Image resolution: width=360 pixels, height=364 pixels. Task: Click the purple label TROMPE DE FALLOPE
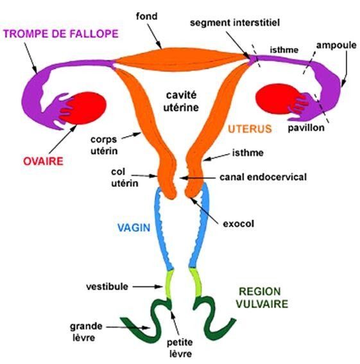coord(61,33)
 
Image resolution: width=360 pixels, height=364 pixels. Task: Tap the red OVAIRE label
coord(43,161)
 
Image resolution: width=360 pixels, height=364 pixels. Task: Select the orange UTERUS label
coord(250,129)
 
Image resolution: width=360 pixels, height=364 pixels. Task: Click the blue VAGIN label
coord(134,227)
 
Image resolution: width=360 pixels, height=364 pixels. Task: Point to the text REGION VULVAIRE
coord(262,298)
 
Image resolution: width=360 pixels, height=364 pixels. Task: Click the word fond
coord(147,16)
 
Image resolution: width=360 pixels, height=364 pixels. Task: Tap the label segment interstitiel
coord(235,22)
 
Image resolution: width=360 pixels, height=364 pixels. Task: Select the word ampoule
coord(336,46)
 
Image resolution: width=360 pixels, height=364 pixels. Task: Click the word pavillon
coord(306,128)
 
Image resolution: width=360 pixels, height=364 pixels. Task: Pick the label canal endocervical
coord(263,177)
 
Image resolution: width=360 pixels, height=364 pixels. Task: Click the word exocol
coord(238,224)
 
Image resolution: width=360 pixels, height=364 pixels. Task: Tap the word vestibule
coord(107,286)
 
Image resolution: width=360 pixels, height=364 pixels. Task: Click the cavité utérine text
coord(181,101)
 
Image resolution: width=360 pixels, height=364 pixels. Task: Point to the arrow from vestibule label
coord(148,287)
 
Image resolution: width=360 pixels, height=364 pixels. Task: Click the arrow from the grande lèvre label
coord(128,327)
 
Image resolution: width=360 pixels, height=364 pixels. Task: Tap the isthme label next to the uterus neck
coord(248,153)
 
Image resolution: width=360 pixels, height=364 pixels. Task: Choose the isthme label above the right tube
coord(284,50)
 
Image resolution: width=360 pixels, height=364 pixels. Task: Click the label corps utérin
coord(104,145)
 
